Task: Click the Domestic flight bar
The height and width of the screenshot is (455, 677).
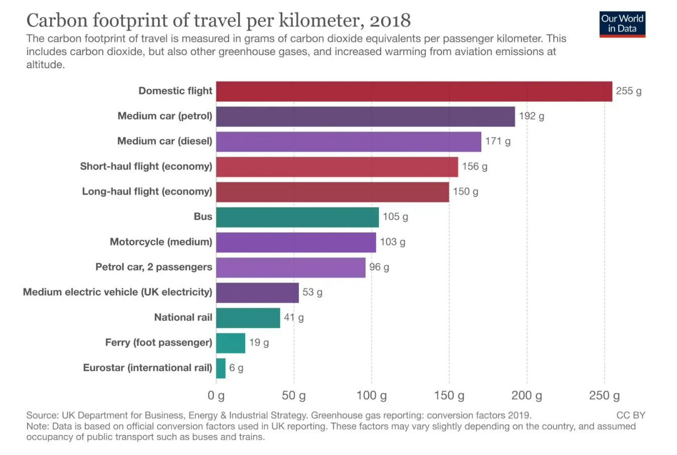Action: (414, 91)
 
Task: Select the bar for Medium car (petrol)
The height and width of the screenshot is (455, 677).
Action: (365, 116)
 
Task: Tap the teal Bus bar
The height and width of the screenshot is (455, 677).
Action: (297, 217)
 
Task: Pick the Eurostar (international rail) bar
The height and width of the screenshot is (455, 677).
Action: (221, 368)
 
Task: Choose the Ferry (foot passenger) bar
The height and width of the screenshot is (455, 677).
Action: (231, 343)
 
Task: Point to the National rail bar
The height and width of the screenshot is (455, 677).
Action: (248, 318)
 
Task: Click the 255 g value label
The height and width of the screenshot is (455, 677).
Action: (628, 91)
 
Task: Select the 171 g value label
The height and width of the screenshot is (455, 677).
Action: (497, 141)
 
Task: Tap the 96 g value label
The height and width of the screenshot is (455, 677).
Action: (379, 267)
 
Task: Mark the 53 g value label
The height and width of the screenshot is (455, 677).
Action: (312, 292)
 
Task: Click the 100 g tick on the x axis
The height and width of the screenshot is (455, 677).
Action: (372, 395)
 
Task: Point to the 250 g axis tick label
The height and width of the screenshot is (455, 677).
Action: (604, 395)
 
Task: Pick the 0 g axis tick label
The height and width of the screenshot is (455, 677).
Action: (216, 395)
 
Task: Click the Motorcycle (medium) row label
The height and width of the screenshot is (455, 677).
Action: (161, 242)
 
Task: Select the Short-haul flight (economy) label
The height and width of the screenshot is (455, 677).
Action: (146, 166)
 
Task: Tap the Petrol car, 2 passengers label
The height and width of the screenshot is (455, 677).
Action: (153, 267)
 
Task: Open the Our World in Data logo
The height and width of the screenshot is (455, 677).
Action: (622, 24)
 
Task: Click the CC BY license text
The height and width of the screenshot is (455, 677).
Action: (630, 415)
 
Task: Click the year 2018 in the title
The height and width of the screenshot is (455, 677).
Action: (390, 21)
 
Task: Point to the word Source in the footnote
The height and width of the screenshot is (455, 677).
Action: (42, 415)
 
